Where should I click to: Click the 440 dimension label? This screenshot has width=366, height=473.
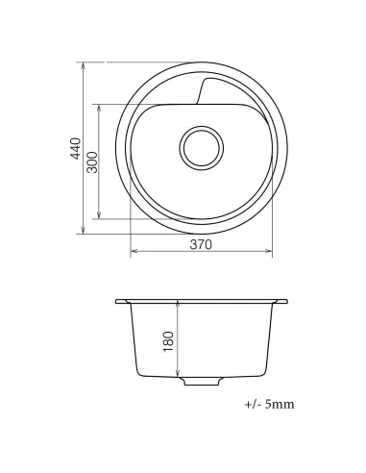tap(76, 148)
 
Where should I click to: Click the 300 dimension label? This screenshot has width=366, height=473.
tap(92, 162)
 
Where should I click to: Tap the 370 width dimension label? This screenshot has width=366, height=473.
tap(201, 244)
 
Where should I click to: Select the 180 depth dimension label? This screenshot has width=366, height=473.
tap(169, 341)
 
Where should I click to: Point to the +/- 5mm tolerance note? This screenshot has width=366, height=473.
tap(269, 405)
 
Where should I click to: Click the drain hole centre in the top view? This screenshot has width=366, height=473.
tap(202, 148)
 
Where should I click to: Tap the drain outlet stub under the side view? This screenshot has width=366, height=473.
tap(202, 381)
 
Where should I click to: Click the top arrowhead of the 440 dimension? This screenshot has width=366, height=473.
tap(84, 66)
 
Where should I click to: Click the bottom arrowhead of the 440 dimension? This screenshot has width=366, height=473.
tap(84, 230)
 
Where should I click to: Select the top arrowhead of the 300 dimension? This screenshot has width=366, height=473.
tap(99, 109)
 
